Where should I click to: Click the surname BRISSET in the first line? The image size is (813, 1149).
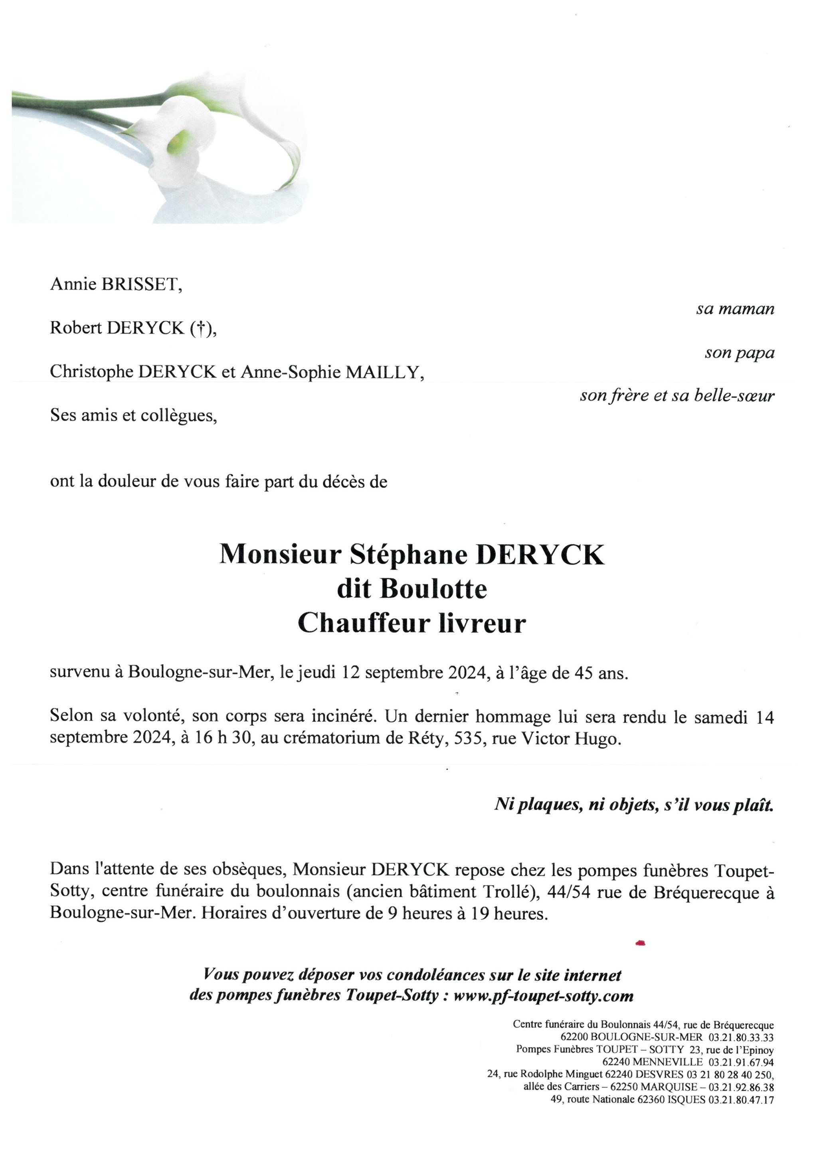point(141,285)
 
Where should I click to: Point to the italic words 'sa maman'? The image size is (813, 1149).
point(735,309)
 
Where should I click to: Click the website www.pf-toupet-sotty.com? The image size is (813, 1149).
point(543,996)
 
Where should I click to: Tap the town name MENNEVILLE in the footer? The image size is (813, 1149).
point(667,1062)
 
